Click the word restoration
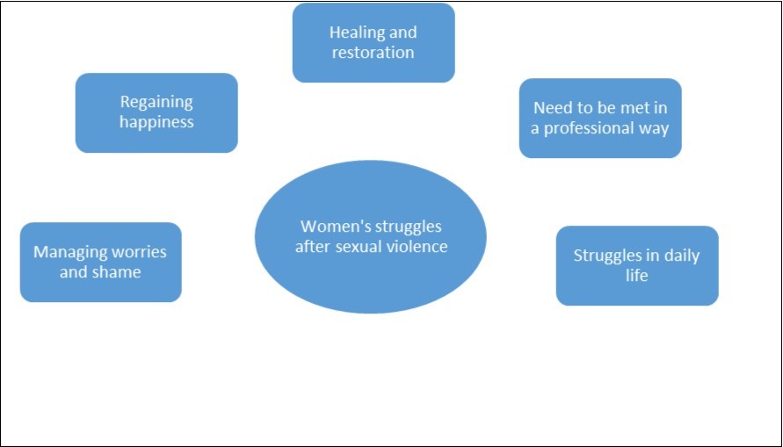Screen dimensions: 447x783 pyautogui.click(x=373, y=53)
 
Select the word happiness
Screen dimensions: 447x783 pyautogui.click(x=156, y=122)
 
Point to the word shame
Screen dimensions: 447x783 pyautogui.click(x=120, y=272)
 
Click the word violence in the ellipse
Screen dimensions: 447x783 pyautogui.click(x=416, y=247)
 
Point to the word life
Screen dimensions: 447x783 pyautogui.click(x=637, y=276)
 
